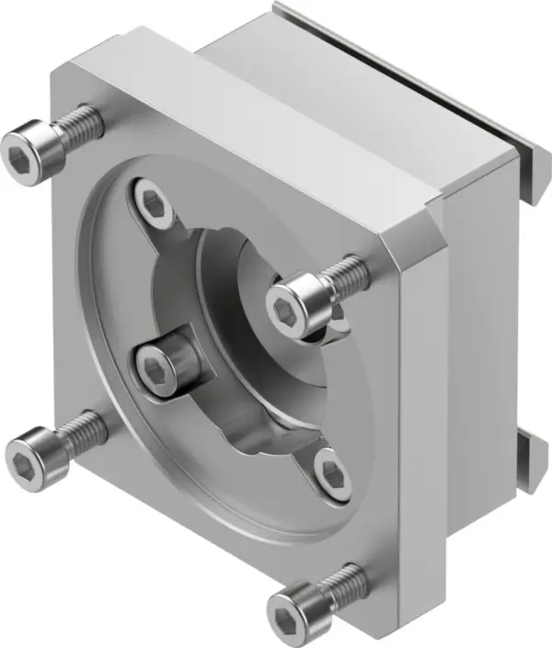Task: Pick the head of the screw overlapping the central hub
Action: point(293,299)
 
